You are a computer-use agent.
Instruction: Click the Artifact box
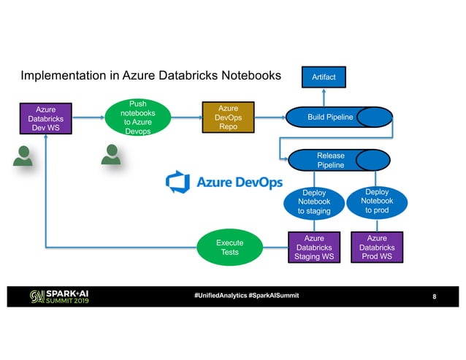tap(324, 76)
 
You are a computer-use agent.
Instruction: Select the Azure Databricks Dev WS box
tap(45, 118)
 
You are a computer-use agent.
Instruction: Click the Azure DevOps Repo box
tap(229, 118)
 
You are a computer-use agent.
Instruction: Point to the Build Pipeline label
tap(329, 118)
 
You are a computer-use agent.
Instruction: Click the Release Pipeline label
tap(330, 160)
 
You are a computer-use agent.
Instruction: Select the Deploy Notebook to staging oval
tap(313, 201)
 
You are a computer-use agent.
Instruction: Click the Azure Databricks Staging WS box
tap(313, 248)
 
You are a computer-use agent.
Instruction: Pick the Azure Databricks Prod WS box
tap(376, 248)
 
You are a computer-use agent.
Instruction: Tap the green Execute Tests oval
tap(229, 248)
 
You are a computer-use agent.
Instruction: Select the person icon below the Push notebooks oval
tap(112, 155)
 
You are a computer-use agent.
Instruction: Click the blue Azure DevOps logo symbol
tap(177, 181)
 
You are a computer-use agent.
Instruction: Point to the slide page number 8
tap(435, 297)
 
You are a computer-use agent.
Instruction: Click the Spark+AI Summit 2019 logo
tap(59, 297)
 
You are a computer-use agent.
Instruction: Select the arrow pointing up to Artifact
tap(324, 96)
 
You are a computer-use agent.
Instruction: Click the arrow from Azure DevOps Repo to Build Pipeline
tap(270, 118)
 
